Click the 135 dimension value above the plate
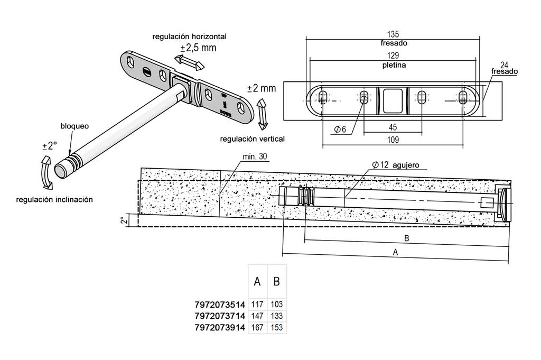[393, 34]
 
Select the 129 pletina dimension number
[393, 56]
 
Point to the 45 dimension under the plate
[393, 127]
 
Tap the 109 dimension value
[393, 140]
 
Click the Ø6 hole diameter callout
[340, 129]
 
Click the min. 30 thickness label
[255, 156]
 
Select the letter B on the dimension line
[406, 238]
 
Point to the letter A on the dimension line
[395, 252]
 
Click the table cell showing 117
[257, 304]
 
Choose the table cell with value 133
[277, 316]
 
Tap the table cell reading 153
[277, 327]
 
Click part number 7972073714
[220, 316]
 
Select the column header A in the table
[257, 282]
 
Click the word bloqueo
[74, 126]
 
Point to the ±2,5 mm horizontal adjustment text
[199, 48]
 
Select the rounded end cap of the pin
[62, 170]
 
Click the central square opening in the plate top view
[393, 100]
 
